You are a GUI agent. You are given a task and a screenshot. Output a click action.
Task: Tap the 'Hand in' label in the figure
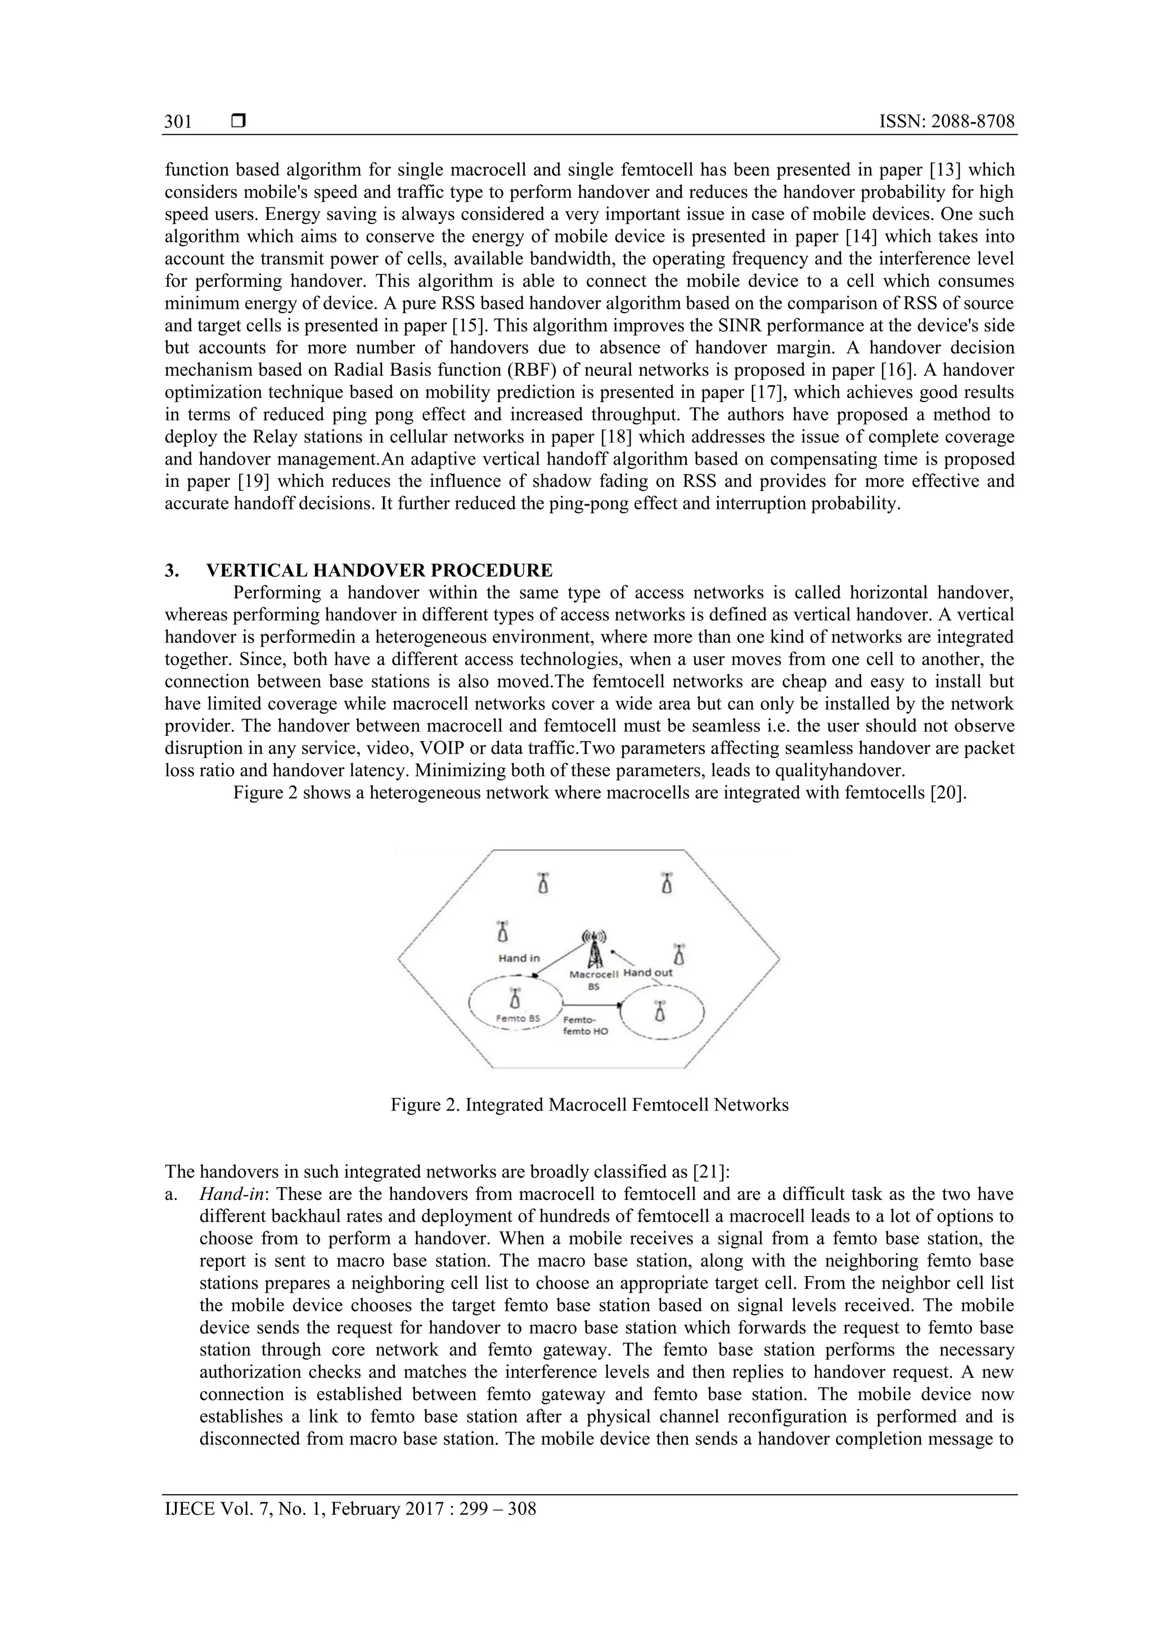[x=519, y=958]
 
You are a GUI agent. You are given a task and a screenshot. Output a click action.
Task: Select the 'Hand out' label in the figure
[x=647, y=973]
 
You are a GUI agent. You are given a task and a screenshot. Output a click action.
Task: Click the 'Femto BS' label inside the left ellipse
[x=517, y=1018]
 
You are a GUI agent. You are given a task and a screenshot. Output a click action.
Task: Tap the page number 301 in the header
[x=178, y=122]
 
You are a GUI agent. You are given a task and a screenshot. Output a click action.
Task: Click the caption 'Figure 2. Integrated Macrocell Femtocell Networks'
[x=589, y=1105]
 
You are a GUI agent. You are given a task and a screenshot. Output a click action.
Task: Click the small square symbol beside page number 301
[x=238, y=122]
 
